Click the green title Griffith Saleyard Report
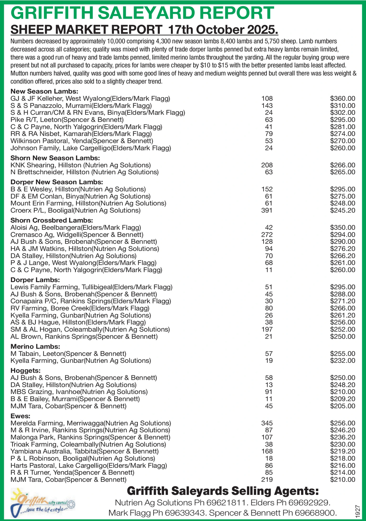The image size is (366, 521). pyautogui.click(x=142, y=13)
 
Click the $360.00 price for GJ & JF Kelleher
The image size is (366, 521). pyautogui.click(x=342, y=98)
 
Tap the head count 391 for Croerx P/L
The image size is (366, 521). pyautogui.click(x=267, y=210)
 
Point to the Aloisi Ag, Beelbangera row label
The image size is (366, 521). pyautogui.click(x=76, y=227)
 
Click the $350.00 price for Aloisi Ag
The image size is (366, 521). pyautogui.click(x=342, y=227)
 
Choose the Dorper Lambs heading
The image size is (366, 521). pyautogui.click(x=35, y=280)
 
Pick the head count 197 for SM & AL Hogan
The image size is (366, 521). pyautogui.click(x=267, y=329)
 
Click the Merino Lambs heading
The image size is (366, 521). pyautogui.click(x=35, y=346)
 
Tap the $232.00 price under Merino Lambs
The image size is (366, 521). pyautogui.click(x=342, y=361)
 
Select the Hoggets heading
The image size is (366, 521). pyautogui.click(x=26, y=371)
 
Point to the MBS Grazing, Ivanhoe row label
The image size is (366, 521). pyautogui.click(x=79, y=392)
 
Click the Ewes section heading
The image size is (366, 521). pyautogui.click(x=20, y=416)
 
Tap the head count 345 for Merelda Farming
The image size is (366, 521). pyautogui.click(x=267, y=423)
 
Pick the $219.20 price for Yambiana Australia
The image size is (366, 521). pyautogui.click(x=342, y=451)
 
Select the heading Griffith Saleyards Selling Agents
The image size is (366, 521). pyautogui.click(x=222, y=491)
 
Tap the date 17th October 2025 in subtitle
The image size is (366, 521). pyautogui.click(x=223, y=30)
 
